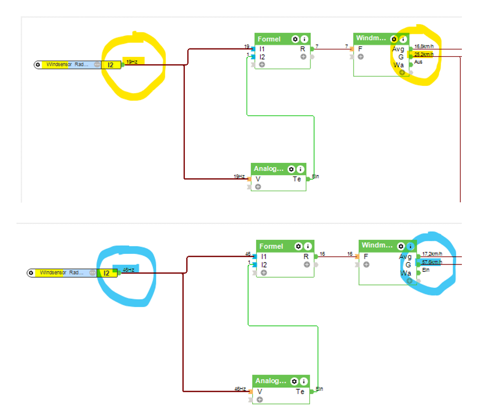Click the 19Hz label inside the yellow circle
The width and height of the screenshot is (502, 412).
pyautogui.click(x=132, y=62)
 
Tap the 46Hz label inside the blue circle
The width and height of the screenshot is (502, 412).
pyautogui.click(x=129, y=270)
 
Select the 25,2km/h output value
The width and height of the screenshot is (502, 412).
pyautogui.click(x=424, y=54)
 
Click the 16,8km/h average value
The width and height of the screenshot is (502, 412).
pyautogui.click(x=424, y=47)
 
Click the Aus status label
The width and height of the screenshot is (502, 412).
pyautogui.click(x=419, y=62)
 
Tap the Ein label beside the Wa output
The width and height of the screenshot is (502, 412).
pyautogui.click(x=426, y=270)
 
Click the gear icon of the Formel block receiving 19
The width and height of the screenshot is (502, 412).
pyautogui.click(x=295, y=40)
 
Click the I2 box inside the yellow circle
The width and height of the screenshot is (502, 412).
pyautogui.click(x=110, y=65)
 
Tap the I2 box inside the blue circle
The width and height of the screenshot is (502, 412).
pyautogui.click(x=107, y=273)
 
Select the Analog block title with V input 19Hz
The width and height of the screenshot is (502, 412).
pyautogui.click(x=269, y=169)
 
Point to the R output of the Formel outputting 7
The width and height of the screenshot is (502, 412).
pyautogui.click(x=303, y=49)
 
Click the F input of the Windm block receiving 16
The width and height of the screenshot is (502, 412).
pyautogui.click(x=365, y=257)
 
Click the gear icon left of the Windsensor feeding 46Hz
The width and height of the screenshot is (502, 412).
pyautogui.click(x=31, y=273)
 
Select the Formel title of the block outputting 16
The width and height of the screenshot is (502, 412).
pyautogui.click(x=271, y=247)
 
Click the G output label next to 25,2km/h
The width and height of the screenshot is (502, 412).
pyautogui.click(x=401, y=57)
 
